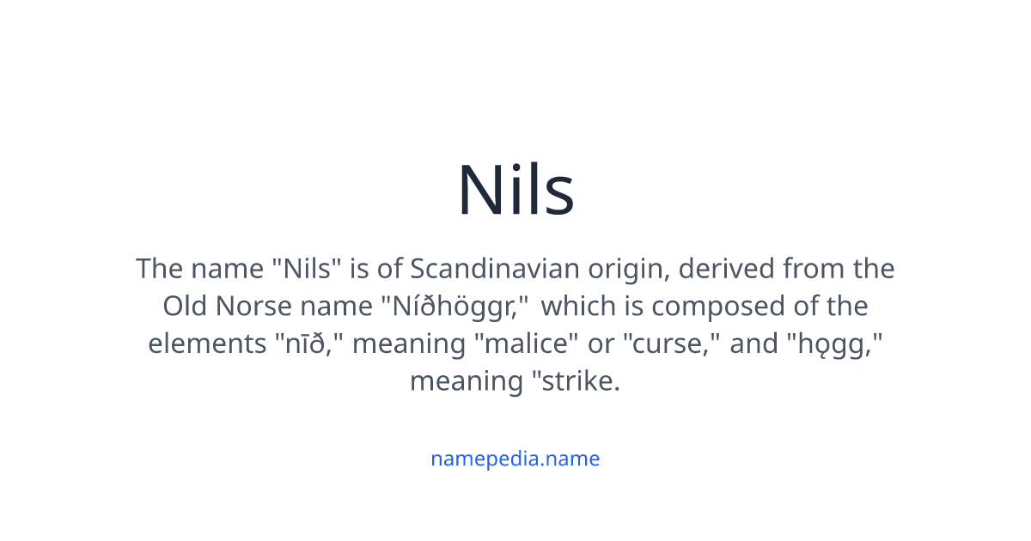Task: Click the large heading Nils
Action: click(515, 190)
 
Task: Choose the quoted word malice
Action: click(527, 343)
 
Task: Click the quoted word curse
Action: click(674, 343)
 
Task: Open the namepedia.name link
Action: click(515, 459)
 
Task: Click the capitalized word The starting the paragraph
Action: click(159, 270)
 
